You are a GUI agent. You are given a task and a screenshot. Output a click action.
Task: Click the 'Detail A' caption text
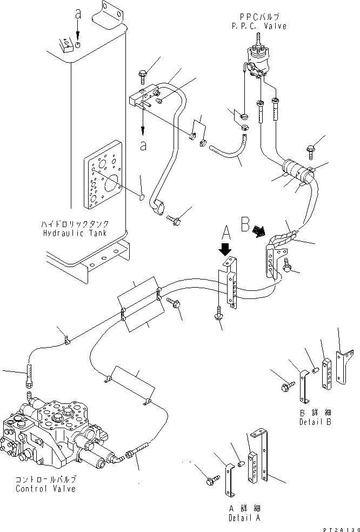pyautogui.click(x=246, y=518)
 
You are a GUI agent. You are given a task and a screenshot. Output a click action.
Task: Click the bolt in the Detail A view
pyautogui.click(x=211, y=479)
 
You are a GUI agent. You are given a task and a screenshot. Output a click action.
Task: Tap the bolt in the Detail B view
pyautogui.click(x=287, y=386)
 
